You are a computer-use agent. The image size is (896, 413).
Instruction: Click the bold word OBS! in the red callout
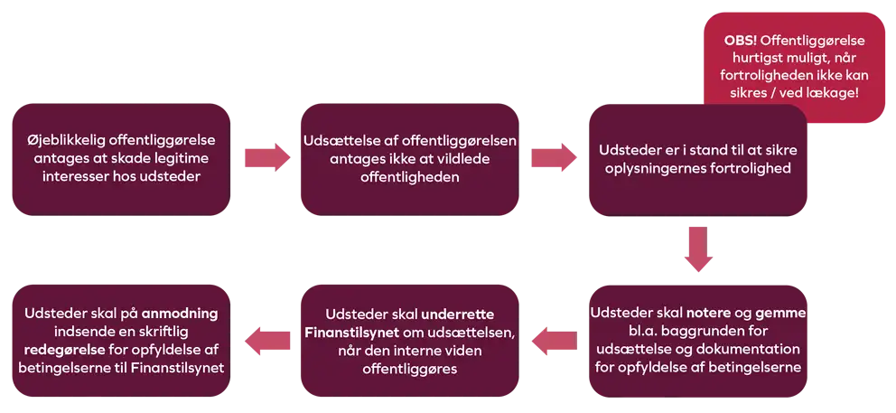[741, 42]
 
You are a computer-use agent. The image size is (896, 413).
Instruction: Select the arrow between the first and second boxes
[268, 157]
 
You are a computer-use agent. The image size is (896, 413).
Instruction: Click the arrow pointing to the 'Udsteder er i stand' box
[555, 157]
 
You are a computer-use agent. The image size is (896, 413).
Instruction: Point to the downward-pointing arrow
[698, 249]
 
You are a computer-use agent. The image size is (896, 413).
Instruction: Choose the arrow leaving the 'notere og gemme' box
[555, 341]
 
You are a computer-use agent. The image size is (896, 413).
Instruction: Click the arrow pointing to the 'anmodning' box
[268, 341]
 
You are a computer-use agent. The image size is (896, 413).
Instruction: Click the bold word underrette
[458, 314]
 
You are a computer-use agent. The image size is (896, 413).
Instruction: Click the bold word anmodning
[180, 314]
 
